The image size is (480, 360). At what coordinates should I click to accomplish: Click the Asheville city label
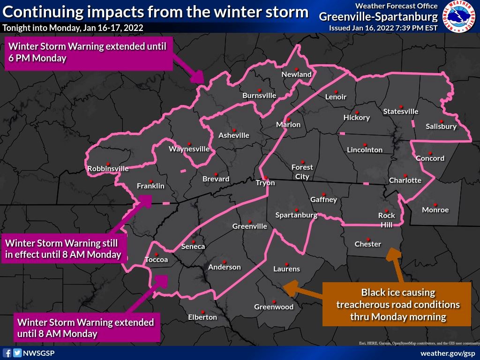234,135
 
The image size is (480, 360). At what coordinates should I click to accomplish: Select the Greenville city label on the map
250,226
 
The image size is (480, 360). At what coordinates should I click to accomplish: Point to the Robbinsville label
108,168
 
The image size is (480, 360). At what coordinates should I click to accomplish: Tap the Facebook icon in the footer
7,353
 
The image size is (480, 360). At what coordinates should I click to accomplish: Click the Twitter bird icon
17,353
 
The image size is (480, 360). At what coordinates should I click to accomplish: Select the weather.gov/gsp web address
448,353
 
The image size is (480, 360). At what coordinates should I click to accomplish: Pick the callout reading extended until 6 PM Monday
89,52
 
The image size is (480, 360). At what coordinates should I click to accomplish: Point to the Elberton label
202,317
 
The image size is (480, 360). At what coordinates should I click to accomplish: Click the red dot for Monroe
435,204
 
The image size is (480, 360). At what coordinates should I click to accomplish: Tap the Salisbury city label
441,127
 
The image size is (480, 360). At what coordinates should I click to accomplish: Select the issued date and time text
383,28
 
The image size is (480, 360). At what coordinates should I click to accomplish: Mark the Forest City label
302,172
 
